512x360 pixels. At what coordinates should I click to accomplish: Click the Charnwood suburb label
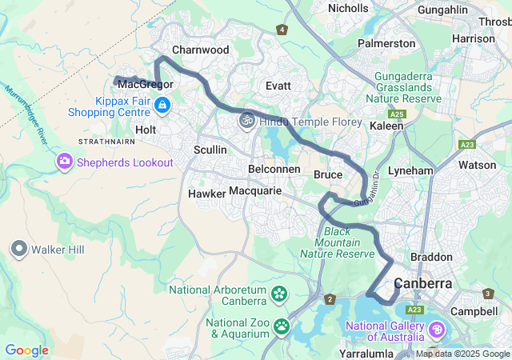tap(201, 50)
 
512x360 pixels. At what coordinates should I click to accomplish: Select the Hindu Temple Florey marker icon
tap(246, 122)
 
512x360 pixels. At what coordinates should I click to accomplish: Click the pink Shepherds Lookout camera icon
tap(64, 162)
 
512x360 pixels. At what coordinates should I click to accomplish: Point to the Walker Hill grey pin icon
tap(19, 249)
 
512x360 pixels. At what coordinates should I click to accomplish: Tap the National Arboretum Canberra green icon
tap(279, 294)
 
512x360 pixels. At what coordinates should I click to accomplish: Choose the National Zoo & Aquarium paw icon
tap(282, 326)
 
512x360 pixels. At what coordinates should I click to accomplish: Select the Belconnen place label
tap(274, 170)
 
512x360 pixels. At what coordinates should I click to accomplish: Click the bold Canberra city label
tap(423, 283)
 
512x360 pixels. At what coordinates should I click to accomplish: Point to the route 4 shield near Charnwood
tap(282, 30)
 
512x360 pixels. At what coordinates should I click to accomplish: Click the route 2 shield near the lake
tap(330, 299)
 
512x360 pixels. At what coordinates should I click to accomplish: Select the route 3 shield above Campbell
tap(488, 294)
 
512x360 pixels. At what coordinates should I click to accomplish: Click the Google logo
tap(26, 350)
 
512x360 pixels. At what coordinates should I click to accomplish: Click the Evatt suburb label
tap(278, 85)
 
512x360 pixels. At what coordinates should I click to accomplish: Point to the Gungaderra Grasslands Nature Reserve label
tap(403, 87)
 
